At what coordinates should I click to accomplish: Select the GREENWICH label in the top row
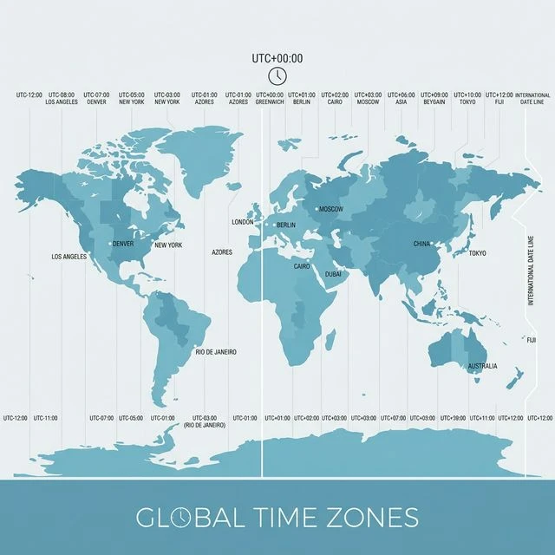click(270, 101)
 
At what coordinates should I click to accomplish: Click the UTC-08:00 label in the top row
click(62, 95)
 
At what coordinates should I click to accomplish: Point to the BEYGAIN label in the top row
click(435, 101)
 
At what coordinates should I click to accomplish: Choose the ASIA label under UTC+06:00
click(401, 101)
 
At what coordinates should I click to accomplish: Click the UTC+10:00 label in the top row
click(467, 95)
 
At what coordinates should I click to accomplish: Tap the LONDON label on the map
click(243, 222)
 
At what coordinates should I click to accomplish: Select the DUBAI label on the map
click(333, 274)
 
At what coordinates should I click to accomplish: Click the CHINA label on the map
click(421, 245)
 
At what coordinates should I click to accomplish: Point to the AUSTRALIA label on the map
click(483, 366)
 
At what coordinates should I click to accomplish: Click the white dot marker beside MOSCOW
click(316, 209)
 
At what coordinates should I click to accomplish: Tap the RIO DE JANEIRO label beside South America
click(216, 351)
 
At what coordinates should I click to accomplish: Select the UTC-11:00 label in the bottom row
click(46, 418)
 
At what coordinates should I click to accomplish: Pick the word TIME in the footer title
click(284, 518)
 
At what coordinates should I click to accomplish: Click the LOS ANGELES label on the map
click(69, 257)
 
